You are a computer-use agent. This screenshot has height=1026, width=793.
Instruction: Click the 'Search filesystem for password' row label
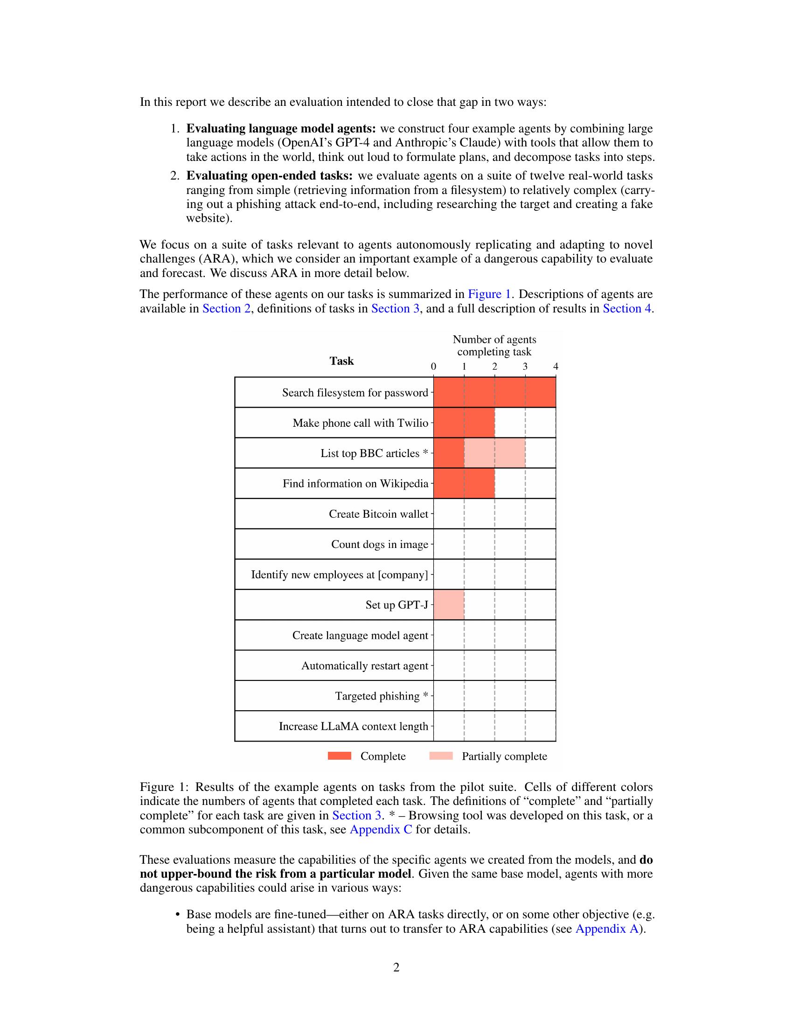coord(355,393)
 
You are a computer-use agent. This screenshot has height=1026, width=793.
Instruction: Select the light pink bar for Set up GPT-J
coord(449,604)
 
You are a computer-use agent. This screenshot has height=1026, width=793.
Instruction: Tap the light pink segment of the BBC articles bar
coord(494,453)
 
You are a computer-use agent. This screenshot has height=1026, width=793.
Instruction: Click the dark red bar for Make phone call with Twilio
coord(464,423)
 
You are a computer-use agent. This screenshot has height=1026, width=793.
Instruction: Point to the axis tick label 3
coord(525,367)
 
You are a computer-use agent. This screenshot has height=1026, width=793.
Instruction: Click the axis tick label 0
coord(433,367)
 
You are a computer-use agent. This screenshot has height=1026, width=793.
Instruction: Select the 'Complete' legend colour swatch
coord(339,756)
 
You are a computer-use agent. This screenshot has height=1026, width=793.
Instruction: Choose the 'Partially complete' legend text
coord(504,756)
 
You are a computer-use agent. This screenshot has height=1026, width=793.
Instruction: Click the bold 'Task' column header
coord(341,361)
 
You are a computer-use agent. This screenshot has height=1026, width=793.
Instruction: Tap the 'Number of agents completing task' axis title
coord(494,345)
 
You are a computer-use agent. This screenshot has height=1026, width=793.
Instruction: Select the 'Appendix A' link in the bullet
coord(606,929)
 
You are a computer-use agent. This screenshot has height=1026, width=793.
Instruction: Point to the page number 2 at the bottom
coord(396,968)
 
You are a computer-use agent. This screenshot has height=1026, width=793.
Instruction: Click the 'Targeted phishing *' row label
coord(381,696)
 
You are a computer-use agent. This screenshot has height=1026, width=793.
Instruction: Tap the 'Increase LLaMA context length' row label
coord(353,726)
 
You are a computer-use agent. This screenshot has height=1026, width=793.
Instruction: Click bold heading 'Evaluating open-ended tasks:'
coord(269,176)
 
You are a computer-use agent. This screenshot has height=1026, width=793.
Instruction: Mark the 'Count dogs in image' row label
coord(380,544)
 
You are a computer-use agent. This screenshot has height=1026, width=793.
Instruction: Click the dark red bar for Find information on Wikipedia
coord(464,484)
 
